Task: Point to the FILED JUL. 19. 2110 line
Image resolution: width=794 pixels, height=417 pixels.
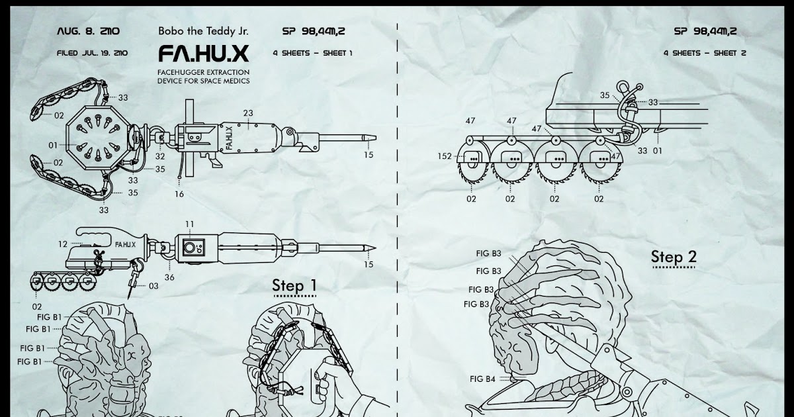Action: click(x=92, y=53)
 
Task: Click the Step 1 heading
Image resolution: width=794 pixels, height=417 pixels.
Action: click(x=294, y=286)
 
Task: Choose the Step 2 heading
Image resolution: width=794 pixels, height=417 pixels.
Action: click(x=674, y=257)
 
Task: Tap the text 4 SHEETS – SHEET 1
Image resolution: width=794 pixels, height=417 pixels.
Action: click(x=312, y=53)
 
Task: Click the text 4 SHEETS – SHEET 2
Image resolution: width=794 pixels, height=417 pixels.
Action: click(x=705, y=53)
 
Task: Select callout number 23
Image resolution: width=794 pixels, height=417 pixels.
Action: click(x=248, y=113)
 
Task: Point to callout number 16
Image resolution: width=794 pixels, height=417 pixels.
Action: click(x=179, y=194)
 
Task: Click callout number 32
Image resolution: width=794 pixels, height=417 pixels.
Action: click(x=160, y=157)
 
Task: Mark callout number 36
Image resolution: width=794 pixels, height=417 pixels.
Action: click(x=169, y=277)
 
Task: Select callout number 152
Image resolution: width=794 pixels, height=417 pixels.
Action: click(x=445, y=157)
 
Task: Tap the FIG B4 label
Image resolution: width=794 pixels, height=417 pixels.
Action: click(x=482, y=379)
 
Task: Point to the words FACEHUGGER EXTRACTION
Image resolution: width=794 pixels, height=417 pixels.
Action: click(x=203, y=71)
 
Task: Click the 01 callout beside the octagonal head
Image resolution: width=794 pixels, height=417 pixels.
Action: click(x=53, y=144)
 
